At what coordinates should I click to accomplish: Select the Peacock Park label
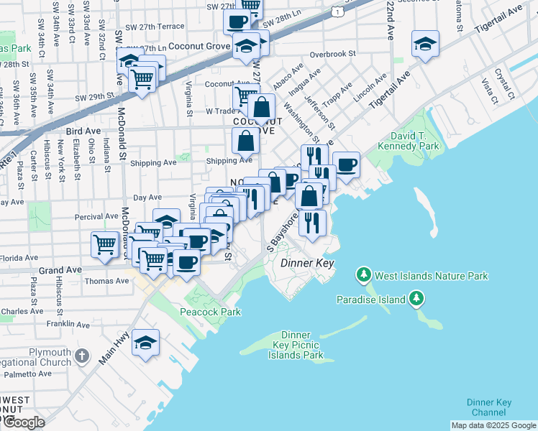210,312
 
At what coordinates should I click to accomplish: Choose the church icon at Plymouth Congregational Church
83,356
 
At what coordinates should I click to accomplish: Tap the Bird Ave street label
79,131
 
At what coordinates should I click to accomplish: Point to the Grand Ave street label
55,271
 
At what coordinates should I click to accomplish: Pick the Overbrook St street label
332,54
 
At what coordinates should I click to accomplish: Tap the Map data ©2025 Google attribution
493,425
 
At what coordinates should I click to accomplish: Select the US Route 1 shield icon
337,11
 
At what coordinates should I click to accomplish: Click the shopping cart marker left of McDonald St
105,244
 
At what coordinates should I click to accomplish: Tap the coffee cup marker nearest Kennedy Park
346,165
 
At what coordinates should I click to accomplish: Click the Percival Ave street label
101,215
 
